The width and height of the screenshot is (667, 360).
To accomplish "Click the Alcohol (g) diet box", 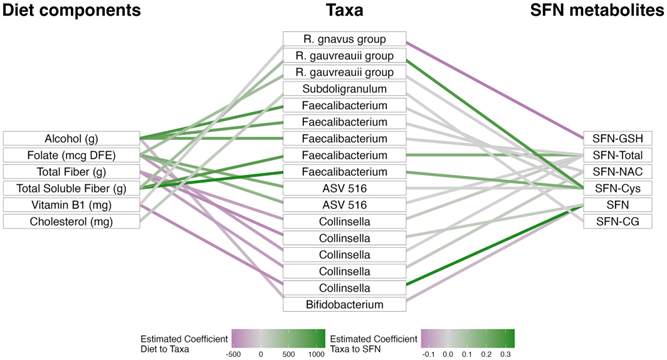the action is coord(71,139).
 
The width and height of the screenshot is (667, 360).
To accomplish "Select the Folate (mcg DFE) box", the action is coord(71,155).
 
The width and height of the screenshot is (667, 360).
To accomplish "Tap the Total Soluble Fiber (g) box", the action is coord(71,189).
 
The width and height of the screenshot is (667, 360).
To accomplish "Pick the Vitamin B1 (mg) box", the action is coord(71,205).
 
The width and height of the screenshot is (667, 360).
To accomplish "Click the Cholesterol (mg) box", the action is coord(71,222).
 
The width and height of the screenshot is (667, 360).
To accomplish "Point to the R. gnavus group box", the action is coord(345,39).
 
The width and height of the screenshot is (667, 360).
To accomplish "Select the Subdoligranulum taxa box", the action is coord(345,89).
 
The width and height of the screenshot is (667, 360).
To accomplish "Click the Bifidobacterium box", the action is coord(345,305).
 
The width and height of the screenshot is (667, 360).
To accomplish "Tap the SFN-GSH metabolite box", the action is coord(618,139).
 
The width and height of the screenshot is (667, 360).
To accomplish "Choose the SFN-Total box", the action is coord(618,155).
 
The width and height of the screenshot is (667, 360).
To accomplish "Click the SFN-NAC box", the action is coord(618,172).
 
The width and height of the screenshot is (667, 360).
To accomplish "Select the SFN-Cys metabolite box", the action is coord(618,189).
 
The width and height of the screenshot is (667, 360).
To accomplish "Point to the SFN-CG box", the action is coord(618,222).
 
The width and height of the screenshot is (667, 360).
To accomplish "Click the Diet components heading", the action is coord(71,10).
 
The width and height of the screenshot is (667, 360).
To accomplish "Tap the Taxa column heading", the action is coord(345,10).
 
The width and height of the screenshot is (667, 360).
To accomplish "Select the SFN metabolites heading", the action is coord(597,10).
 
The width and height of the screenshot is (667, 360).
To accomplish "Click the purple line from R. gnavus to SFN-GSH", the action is coord(495,90).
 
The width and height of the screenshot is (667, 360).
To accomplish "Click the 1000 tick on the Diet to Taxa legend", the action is coord(317,354).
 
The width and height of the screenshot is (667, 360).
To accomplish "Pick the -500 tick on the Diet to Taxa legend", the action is coord(233,354).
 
